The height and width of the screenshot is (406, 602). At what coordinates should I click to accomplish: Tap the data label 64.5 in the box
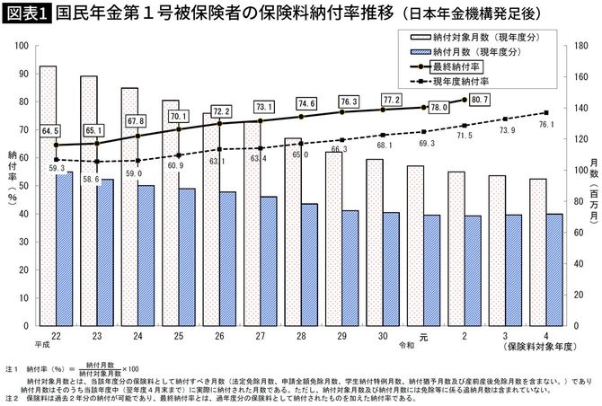[x=50, y=131]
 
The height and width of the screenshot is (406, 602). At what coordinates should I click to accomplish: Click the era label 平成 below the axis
[x=41, y=344]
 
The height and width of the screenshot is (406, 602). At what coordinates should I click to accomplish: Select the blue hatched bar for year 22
[x=64, y=251]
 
